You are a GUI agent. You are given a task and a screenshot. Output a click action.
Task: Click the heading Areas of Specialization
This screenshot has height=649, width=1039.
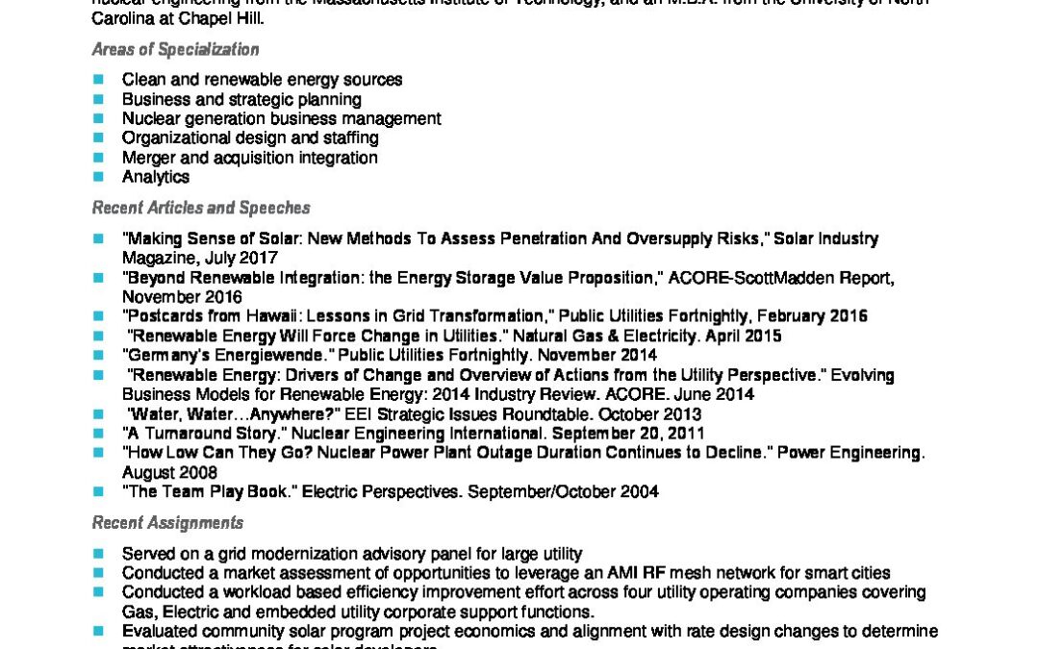[175, 50]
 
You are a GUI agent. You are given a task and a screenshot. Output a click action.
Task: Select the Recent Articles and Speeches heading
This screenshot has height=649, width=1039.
[201, 208]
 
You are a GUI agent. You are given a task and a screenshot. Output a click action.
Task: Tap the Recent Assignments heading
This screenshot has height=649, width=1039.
[167, 523]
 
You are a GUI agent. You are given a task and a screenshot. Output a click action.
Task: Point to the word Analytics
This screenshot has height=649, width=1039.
[156, 177]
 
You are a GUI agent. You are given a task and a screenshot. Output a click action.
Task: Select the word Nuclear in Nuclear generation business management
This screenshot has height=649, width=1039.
[149, 119]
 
